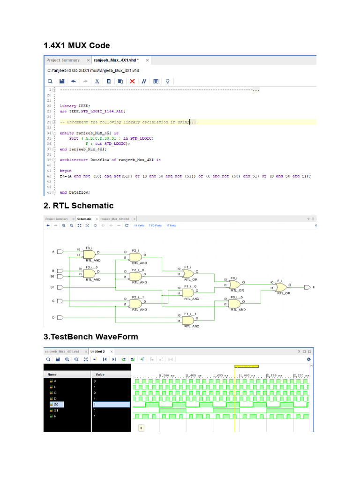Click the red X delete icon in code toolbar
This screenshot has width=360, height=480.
pyautogui.click(x=132, y=81)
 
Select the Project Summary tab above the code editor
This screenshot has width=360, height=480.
pyautogui.click(x=63, y=60)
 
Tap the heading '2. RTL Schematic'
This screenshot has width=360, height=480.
pyautogui.click(x=78, y=206)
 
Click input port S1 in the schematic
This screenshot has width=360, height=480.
pyautogui.click(x=60, y=287)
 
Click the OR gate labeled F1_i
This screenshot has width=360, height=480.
pyautogui.click(x=188, y=273)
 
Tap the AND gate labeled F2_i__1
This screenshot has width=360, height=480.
pyautogui.click(x=135, y=303)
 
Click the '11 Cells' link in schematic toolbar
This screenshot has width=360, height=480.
pyautogui.click(x=139, y=225)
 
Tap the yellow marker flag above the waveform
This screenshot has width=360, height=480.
pyautogui.click(x=246, y=366)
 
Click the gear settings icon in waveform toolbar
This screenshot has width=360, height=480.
pyautogui.click(x=308, y=359)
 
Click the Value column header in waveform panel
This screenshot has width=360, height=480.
pyautogui.click(x=100, y=375)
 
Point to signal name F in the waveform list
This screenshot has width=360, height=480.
pyautogui.click(x=55, y=416)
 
